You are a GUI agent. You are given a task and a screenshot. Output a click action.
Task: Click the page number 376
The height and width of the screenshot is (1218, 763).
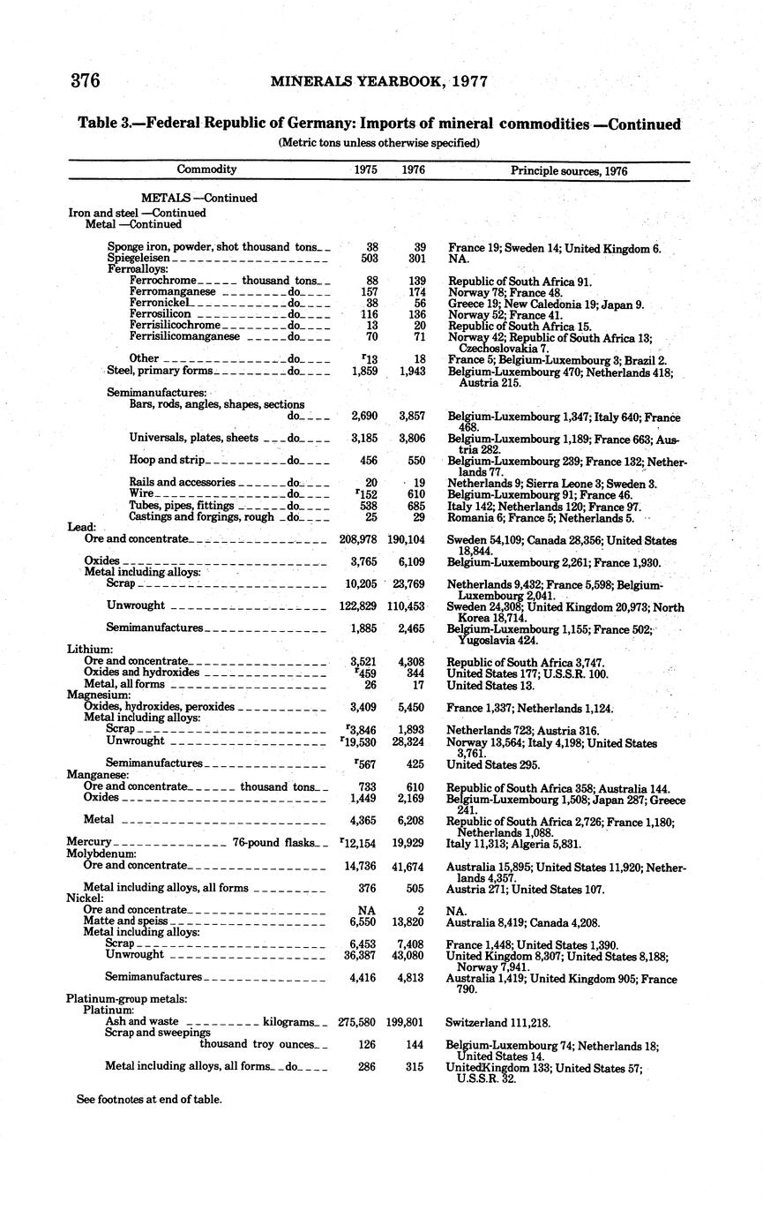(85, 81)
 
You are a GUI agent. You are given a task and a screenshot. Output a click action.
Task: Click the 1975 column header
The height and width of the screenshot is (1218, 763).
(364, 169)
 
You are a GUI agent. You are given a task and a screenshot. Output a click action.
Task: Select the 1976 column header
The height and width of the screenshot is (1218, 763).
(413, 169)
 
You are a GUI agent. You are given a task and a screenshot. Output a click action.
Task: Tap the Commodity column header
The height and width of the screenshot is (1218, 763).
(206, 169)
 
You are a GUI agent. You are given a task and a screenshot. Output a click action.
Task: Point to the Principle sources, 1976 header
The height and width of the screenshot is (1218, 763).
(569, 171)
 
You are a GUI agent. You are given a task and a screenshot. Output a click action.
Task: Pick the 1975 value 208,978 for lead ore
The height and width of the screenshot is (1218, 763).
(358, 539)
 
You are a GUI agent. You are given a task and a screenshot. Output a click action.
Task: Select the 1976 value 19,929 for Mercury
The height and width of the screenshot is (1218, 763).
(406, 843)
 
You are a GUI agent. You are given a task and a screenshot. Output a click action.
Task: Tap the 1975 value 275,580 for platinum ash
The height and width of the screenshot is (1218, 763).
(357, 1022)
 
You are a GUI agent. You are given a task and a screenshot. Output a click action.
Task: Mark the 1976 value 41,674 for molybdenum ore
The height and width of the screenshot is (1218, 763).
(406, 866)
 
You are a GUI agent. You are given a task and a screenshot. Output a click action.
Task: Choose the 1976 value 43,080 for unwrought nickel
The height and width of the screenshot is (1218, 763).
(406, 955)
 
